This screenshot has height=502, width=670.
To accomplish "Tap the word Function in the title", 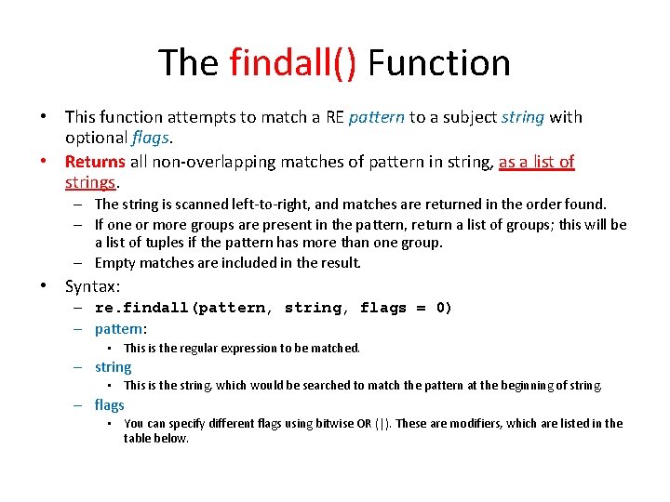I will tap(439, 63).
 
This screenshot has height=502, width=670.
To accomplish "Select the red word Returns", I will tap(95, 162).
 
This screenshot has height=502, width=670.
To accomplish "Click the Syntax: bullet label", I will tap(93, 286).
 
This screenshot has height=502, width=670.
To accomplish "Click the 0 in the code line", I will tap(444, 308).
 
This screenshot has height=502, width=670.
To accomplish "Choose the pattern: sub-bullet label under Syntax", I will tap(121, 328).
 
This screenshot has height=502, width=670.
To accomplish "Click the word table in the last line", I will tap(139, 438).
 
